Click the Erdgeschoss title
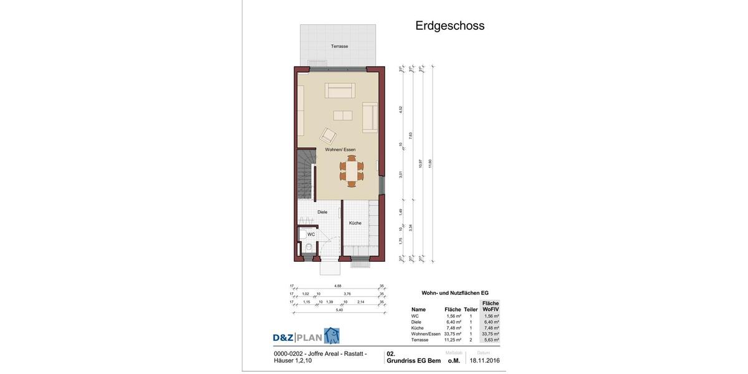pos(449,26)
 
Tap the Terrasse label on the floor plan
pos(339,46)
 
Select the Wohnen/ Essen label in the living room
pos(340,150)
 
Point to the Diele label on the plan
pos(322,212)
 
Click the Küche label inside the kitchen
pos(355,223)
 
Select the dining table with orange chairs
pos(352,171)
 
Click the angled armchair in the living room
pos(328,135)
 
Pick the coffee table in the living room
pos(342,115)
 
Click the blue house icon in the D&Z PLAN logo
pos(332,336)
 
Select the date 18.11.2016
pos(484,360)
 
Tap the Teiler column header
pos(471,309)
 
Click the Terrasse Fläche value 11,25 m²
pos(454,340)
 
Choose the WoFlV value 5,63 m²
pos(491,340)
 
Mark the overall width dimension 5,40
pos(339,310)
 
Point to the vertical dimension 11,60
pos(430,163)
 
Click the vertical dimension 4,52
pos(401,110)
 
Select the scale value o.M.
pos(454,360)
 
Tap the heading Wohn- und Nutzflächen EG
pos(455,293)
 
